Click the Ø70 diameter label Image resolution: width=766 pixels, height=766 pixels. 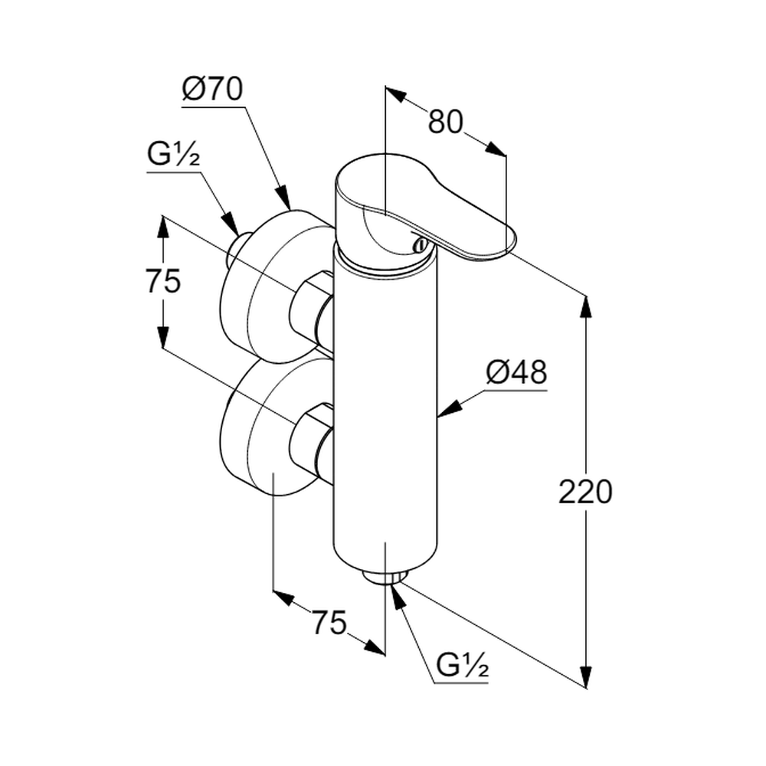[212, 90]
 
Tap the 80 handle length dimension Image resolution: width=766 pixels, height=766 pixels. [445, 122]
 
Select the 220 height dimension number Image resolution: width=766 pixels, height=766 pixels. [585, 492]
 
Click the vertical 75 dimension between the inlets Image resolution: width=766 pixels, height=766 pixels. [162, 282]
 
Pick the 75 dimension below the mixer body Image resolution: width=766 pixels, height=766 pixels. [329, 621]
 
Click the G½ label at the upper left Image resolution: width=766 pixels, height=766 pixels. [173, 155]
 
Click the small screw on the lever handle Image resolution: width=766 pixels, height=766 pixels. [418, 245]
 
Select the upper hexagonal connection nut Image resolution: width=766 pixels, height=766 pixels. [309, 308]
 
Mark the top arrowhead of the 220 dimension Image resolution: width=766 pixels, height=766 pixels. [586, 304]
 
